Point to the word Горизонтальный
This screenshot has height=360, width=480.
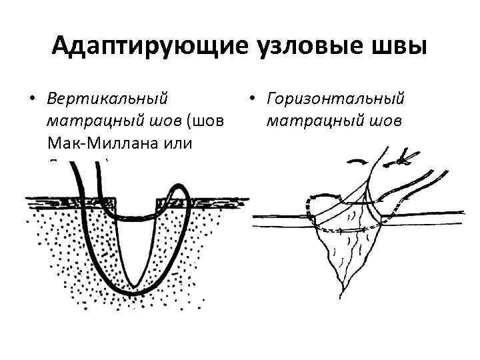[335, 99]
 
